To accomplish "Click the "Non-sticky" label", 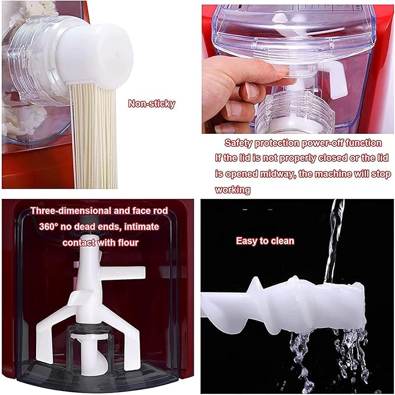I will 151,105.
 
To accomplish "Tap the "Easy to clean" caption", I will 265,240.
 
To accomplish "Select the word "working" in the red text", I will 233,190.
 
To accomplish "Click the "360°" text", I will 46,226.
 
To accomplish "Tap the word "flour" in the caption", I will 126,242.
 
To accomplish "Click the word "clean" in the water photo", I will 282,240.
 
